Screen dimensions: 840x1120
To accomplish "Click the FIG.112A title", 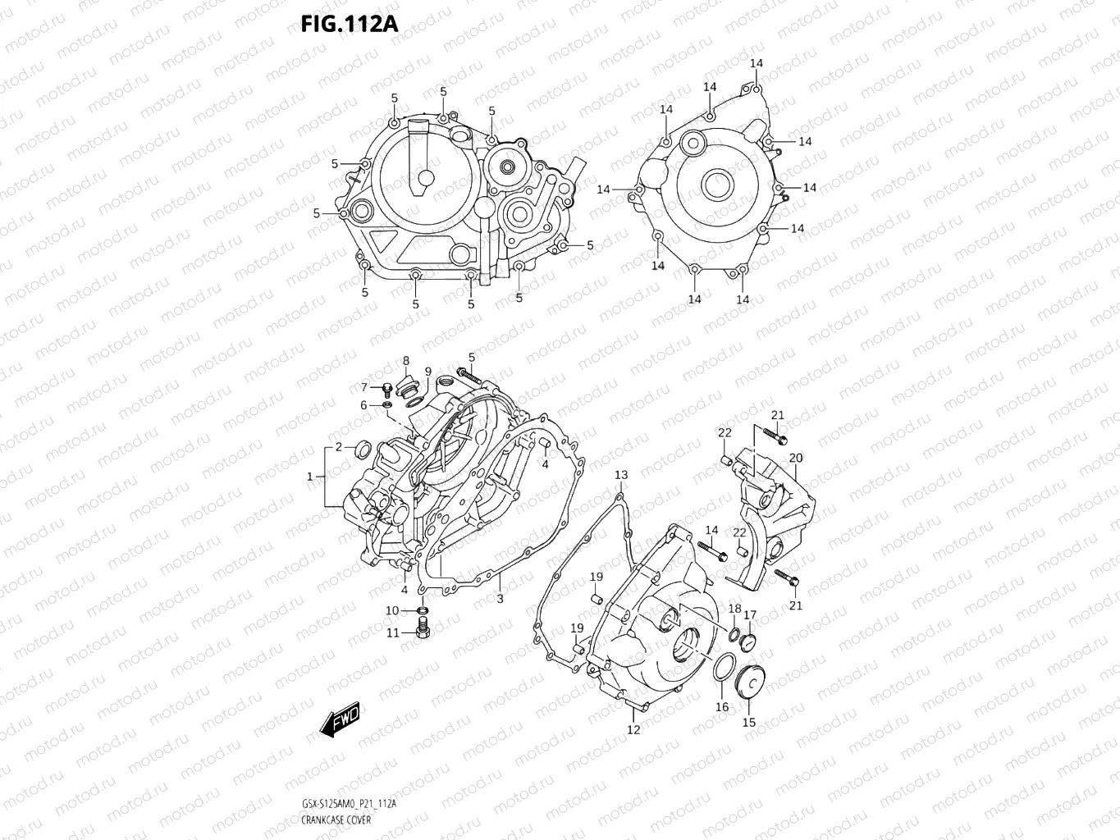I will tap(349, 24).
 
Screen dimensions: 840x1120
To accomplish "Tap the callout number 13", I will tap(621, 475).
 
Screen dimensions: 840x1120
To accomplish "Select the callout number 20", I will tap(796, 458).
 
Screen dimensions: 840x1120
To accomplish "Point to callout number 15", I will tap(749, 723).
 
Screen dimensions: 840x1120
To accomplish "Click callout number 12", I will tap(633, 729).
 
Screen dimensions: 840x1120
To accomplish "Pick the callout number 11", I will tap(393, 632).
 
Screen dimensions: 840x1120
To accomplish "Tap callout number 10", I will tap(392, 610).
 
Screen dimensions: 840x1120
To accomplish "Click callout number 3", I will tap(500, 598).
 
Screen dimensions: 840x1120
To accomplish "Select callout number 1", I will tap(310, 477).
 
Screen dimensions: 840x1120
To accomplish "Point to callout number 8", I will tap(405, 361).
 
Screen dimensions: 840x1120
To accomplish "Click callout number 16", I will tap(722, 707).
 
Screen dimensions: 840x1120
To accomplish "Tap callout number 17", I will tap(750, 614).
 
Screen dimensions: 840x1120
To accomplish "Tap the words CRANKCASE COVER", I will tap(336, 819).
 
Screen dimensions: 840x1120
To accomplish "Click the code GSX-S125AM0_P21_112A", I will tap(349, 804).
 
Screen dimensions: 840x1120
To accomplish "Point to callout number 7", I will tap(364, 387).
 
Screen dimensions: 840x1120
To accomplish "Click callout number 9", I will tap(427, 372).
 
